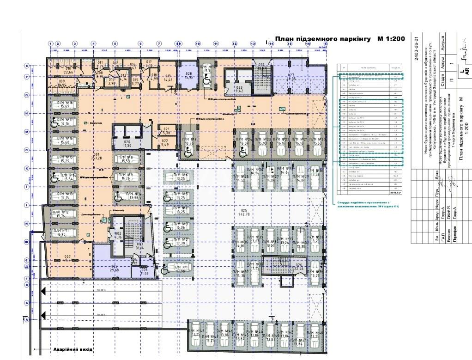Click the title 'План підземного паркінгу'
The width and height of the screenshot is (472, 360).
point(323,39)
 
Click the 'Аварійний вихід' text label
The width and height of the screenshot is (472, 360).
point(73,349)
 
